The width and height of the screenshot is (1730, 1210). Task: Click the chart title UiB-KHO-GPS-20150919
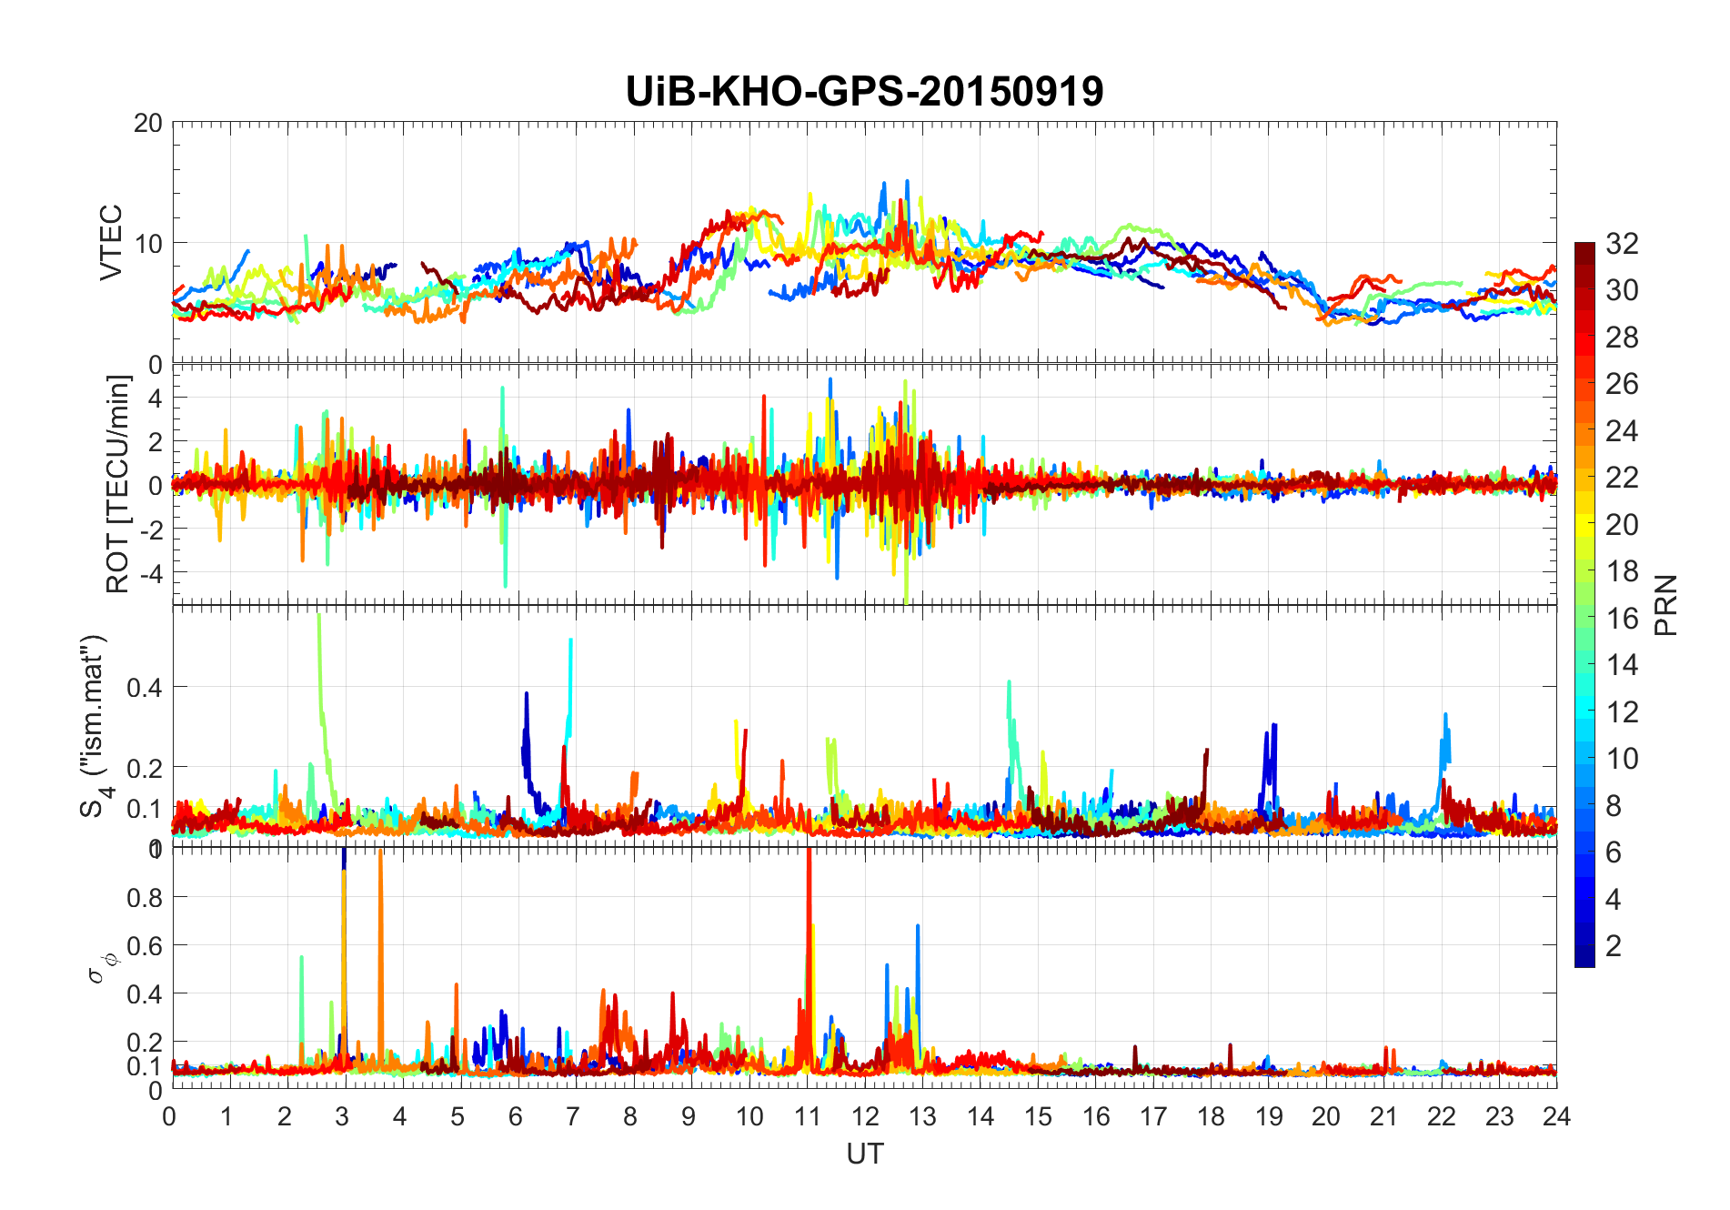pos(864,92)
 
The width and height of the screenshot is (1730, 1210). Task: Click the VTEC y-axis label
pos(110,242)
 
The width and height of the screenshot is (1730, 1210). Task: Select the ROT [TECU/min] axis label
pos(118,484)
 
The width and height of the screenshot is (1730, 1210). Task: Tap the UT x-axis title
pos(864,1154)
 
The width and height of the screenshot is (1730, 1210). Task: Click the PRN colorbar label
pos(1665,605)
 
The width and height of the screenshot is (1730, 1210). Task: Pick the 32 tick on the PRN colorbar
pos(1622,243)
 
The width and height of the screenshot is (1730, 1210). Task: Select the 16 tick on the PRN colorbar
pos(1622,619)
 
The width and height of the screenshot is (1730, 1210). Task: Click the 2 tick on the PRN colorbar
pos(1614,946)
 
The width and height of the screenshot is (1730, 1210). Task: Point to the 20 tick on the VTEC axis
pos(148,123)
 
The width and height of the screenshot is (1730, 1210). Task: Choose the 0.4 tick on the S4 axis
pos(145,687)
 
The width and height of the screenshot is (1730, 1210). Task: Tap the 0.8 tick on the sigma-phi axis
pos(145,897)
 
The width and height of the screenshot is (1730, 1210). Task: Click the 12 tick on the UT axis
pos(864,1116)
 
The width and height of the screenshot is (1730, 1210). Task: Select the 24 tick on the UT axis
pos(1556,1116)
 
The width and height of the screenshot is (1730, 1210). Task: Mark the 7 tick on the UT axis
pos(572,1116)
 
